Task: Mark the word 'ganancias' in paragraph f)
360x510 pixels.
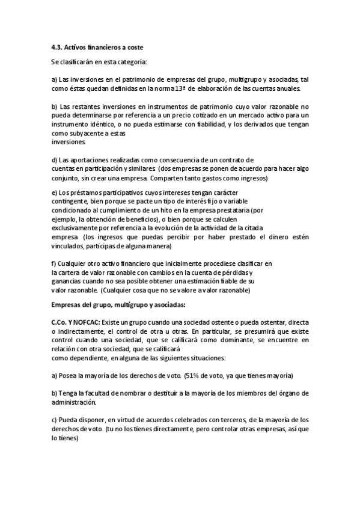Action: pyautogui.click(x=68, y=281)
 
